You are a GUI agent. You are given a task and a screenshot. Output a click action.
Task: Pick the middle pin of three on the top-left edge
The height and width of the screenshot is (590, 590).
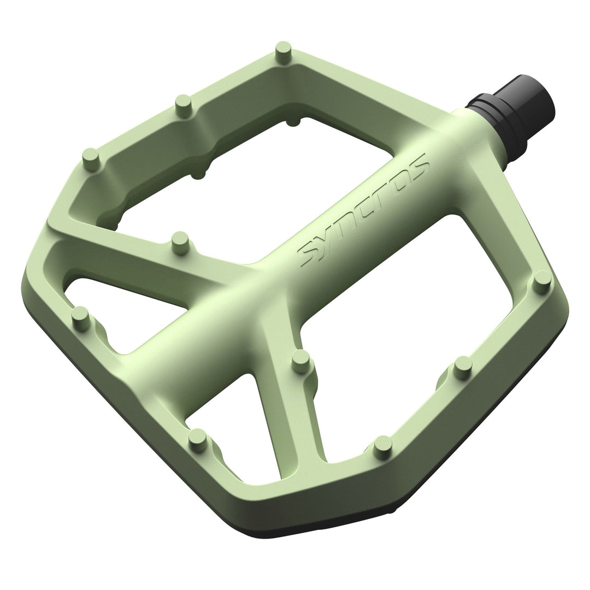(x=184, y=103)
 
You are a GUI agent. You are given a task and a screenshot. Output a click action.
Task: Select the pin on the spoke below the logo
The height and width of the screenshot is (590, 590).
(x=300, y=361)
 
